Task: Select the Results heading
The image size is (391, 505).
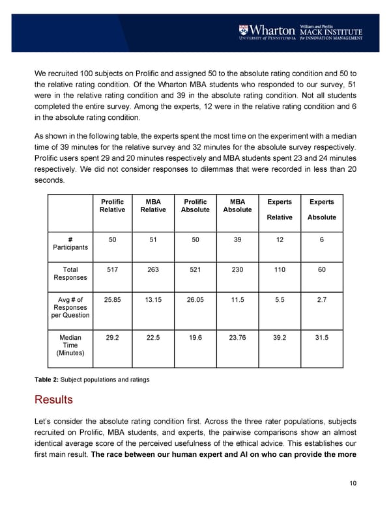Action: pos(53,398)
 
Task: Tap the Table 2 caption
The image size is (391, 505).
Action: pos(91,379)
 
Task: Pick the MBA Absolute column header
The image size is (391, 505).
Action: pos(237,205)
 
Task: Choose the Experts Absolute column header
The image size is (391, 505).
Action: pos(321,210)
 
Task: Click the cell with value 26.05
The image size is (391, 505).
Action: pos(195,299)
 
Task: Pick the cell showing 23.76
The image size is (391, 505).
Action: pos(237,338)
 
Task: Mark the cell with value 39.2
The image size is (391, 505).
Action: pos(280,338)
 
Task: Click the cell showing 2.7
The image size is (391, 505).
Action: pos(321,299)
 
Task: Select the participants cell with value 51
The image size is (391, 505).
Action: pos(154,239)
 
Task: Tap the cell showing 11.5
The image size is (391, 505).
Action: pos(237,299)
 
